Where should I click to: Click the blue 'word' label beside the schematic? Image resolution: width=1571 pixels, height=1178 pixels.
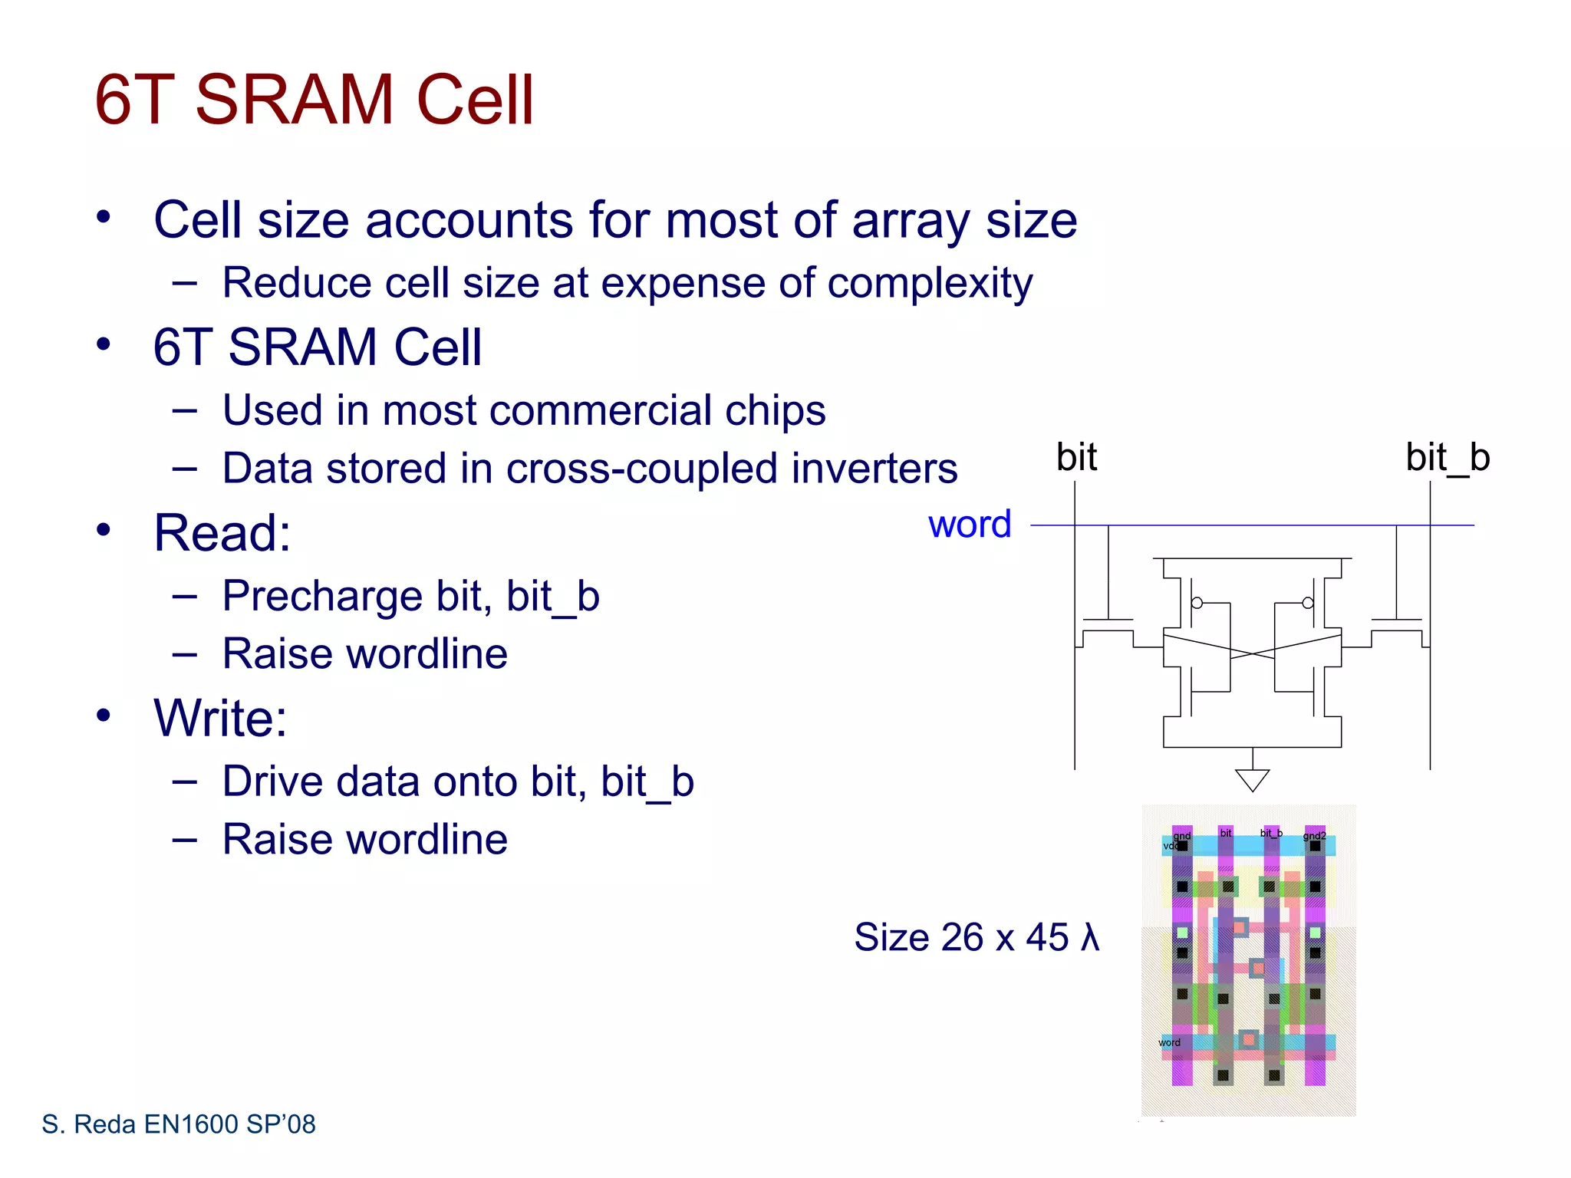point(969,525)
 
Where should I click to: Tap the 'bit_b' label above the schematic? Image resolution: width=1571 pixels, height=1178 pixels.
point(1447,458)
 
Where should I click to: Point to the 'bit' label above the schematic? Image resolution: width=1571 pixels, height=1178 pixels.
point(1076,458)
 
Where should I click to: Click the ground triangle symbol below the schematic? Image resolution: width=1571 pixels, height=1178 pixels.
point(1252,780)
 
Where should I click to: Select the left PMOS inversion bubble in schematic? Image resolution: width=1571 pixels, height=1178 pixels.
point(1197,603)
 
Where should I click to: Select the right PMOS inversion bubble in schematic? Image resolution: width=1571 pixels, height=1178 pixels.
point(1308,603)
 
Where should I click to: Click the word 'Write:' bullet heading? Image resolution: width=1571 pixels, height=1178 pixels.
point(220,719)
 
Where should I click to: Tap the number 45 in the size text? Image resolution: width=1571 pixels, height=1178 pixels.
point(1047,937)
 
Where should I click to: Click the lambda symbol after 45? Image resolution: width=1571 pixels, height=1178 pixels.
point(1090,937)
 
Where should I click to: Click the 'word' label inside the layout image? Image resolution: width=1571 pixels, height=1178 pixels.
point(1169,1042)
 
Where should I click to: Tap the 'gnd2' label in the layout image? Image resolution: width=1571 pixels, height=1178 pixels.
point(1314,835)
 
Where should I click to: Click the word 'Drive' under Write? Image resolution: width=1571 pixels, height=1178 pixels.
point(272,782)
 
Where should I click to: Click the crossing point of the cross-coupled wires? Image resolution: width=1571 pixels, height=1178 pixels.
point(1252,654)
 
